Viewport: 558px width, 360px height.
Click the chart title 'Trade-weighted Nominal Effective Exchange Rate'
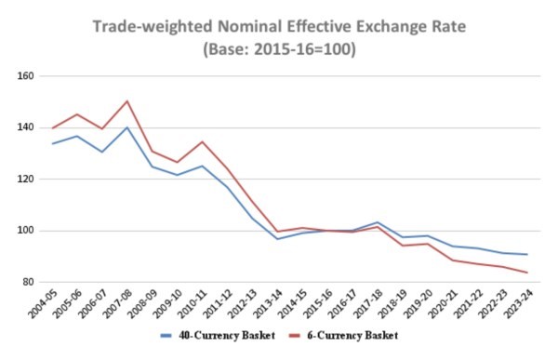pyautogui.click(x=280, y=22)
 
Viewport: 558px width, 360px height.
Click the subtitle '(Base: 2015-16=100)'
pyautogui.click(x=280, y=46)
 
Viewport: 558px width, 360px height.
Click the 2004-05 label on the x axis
pyautogui.click(x=41, y=304)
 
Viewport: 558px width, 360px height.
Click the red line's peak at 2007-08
pyautogui.click(x=127, y=100)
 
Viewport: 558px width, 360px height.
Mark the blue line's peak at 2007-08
pyautogui.click(x=127, y=127)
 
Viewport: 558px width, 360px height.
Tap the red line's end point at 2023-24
pyautogui.click(x=525, y=273)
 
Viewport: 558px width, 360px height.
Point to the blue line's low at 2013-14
pyautogui.click(x=276, y=239)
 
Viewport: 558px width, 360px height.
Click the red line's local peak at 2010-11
pyautogui.click(x=202, y=141)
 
